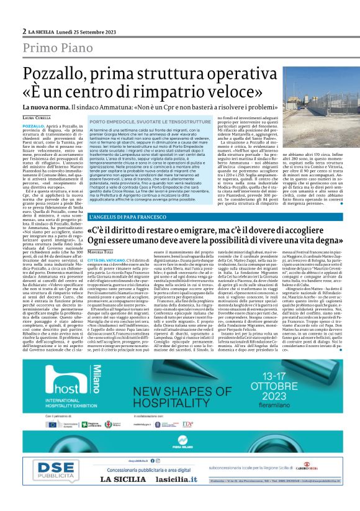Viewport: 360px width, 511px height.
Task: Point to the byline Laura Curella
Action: tap(37, 117)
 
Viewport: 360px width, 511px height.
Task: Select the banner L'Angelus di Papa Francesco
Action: tap(128, 216)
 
